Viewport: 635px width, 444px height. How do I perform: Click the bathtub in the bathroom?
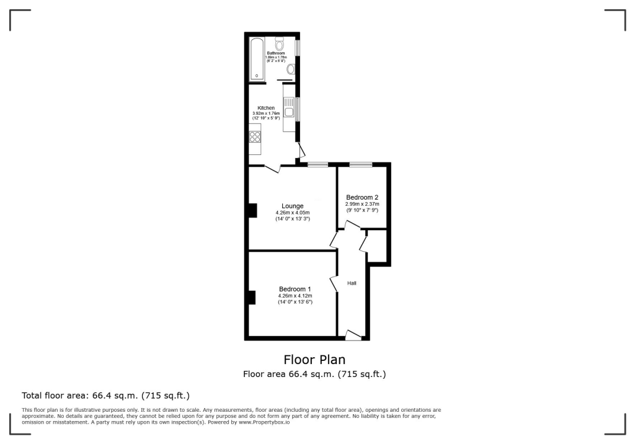point(257,59)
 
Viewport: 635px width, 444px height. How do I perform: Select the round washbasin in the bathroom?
point(291,69)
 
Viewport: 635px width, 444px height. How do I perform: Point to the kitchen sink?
point(289,113)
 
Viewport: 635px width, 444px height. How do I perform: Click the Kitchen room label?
point(266,108)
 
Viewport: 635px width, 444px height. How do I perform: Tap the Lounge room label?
point(293,206)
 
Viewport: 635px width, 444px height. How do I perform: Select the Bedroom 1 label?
point(295,290)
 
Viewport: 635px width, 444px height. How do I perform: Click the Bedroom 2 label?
point(362,198)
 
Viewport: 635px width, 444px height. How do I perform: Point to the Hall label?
point(352,283)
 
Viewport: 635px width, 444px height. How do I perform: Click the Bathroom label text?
point(276,53)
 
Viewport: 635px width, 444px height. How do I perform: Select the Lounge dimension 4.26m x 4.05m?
point(293,213)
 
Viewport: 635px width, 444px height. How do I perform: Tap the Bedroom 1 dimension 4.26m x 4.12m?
point(295,296)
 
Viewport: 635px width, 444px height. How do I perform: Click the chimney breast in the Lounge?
point(252,211)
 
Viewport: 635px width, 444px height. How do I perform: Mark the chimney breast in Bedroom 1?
point(252,298)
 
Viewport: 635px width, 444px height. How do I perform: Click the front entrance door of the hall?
point(353,335)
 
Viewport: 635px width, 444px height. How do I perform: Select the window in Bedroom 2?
point(360,164)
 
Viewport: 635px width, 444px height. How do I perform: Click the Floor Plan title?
point(314,360)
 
